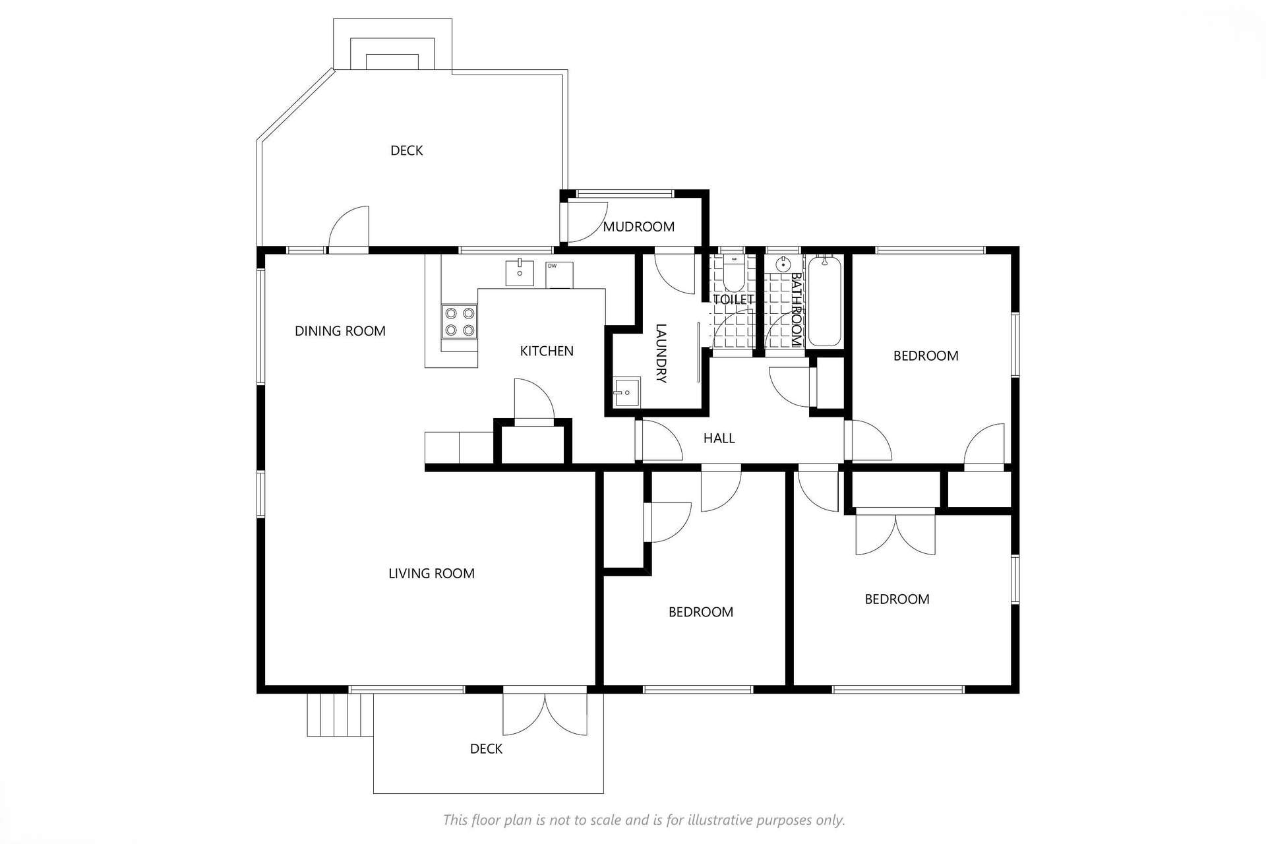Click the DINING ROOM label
(340, 331)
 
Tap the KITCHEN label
(547, 351)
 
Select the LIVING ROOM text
(431, 574)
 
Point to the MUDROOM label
(639, 227)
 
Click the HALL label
(719, 438)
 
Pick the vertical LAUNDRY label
(661, 353)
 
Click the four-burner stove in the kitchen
(460, 322)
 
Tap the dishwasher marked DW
(559, 275)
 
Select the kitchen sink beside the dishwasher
(520, 273)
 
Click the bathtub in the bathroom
(824, 302)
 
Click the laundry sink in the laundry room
(626, 392)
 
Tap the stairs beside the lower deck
(340, 715)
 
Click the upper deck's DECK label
(407, 151)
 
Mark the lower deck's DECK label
(486, 749)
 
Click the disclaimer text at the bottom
(644, 820)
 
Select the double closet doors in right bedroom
(895, 532)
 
